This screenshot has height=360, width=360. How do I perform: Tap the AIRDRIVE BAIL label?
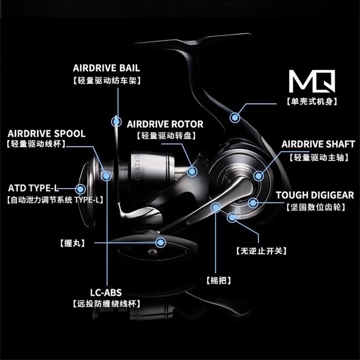click(x=106, y=68)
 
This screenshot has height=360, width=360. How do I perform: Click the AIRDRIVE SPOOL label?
click(x=46, y=134)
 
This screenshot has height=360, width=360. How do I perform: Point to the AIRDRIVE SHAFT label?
click(x=318, y=144)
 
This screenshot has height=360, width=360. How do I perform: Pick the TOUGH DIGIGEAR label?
click(x=315, y=195)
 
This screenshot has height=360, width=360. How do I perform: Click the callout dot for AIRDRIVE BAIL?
click(x=117, y=121)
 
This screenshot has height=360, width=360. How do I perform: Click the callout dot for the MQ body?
click(x=234, y=118)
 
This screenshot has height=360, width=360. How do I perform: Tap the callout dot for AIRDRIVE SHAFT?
click(x=259, y=175)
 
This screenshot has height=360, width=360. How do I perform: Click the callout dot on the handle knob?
click(x=161, y=243)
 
